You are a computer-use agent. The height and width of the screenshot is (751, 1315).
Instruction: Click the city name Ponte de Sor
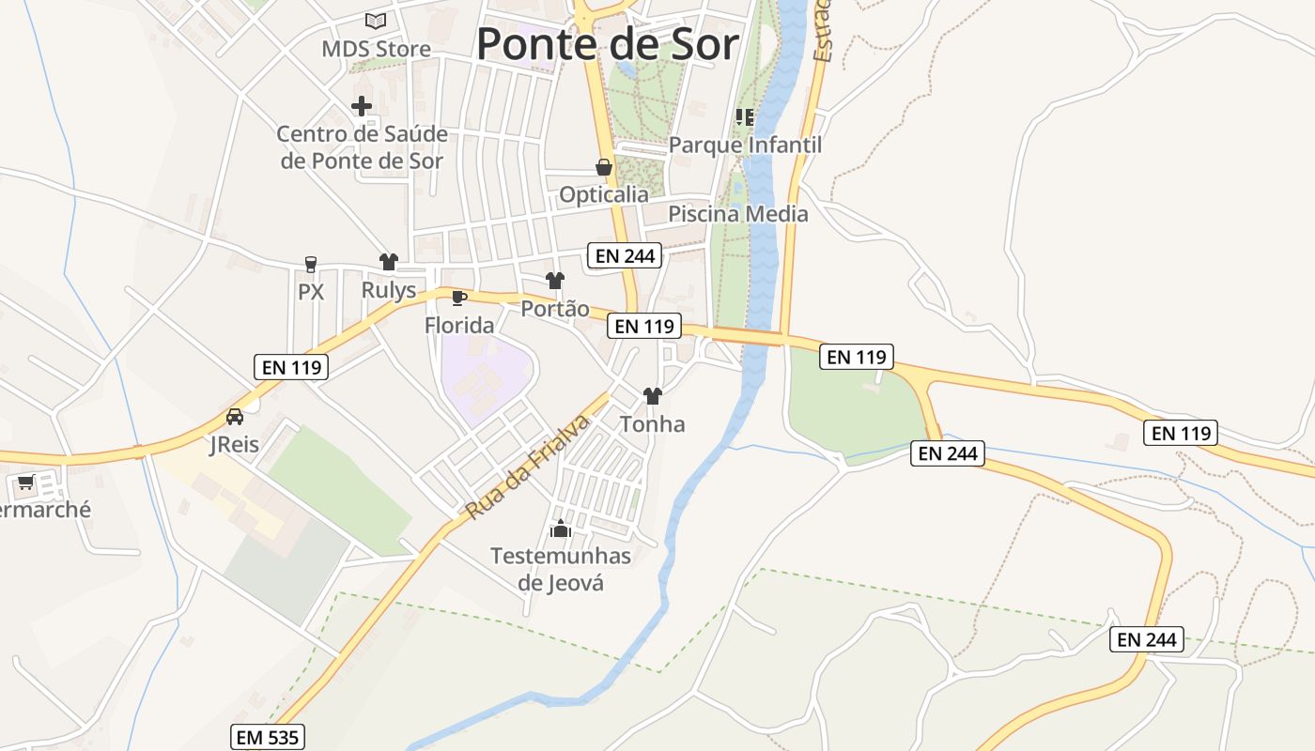[608, 44]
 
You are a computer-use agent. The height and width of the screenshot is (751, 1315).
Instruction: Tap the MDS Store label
[376, 49]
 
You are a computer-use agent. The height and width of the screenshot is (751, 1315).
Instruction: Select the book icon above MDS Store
[376, 21]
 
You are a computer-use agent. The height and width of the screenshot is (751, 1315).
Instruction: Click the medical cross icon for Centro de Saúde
[362, 106]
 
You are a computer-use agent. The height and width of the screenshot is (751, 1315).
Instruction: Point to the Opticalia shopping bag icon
[604, 168]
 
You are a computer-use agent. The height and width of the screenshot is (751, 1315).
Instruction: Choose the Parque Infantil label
[745, 146]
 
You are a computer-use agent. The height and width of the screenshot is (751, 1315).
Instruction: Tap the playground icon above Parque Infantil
[745, 117]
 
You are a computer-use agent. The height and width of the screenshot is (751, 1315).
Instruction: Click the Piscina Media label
[737, 214]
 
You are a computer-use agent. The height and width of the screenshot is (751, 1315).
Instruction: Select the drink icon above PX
[311, 265]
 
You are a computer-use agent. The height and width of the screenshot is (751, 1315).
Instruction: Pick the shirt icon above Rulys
[389, 262]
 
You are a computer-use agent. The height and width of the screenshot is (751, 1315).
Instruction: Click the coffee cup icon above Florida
[459, 299]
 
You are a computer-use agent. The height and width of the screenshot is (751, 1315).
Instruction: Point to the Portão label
[555, 309]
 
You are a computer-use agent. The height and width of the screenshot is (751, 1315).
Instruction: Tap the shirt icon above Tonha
[653, 396]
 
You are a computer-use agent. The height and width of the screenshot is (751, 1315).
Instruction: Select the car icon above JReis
[235, 417]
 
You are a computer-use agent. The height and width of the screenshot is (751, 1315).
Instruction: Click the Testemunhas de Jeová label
[561, 569]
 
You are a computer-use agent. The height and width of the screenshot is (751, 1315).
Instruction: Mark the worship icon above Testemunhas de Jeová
[561, 530]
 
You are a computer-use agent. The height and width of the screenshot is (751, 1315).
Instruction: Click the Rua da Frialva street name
[528, 467]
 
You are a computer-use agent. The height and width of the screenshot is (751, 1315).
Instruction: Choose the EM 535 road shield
[268, 737]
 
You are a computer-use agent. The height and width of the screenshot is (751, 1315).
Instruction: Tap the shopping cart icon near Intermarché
[25, 483]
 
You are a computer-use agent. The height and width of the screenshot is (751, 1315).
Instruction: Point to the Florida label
[459, 326]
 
